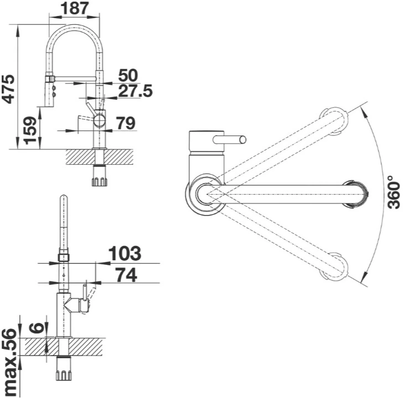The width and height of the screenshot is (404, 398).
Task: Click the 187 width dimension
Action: tap(75, 8)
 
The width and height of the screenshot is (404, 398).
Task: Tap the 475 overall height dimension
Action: tap(8, 89)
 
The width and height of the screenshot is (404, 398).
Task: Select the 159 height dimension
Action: tap(30, 130)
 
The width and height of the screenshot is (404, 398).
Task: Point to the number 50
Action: tap(128, 75)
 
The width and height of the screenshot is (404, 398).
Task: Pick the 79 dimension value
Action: tap(126, 123)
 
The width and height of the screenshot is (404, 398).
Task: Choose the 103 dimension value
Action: tap(125, 253)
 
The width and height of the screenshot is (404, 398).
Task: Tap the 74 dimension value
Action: tap(126, 275)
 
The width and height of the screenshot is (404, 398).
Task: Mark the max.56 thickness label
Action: tap(9, 363)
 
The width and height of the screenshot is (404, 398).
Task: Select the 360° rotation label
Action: tap(393, 192)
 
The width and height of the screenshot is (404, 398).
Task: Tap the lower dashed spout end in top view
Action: tap(334, 266)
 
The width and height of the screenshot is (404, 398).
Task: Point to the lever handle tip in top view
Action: tap(243, 140)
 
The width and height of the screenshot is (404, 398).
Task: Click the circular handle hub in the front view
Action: tap(99, 121)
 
